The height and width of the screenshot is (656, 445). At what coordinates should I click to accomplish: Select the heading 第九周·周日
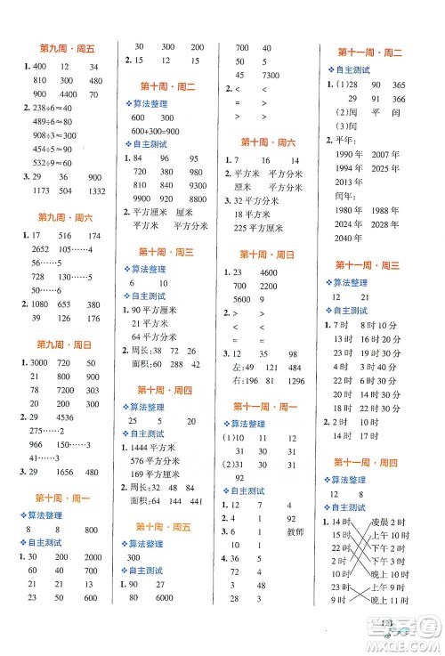[x=66, y=344]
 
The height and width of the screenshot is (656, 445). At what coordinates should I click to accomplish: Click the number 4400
[x=65, y=93]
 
